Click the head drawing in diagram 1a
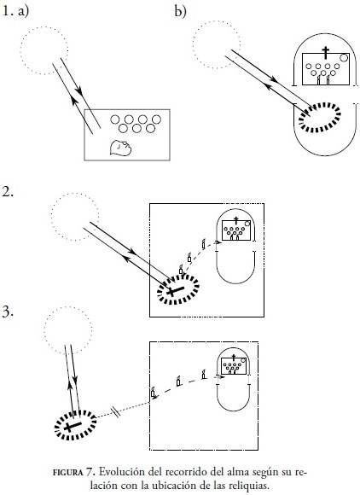coord(120,148)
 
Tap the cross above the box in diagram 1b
coord(325,52)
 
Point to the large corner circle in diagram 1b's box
coord(344,58)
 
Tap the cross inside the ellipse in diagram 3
coord(73,426)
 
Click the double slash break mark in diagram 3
coord(116,411)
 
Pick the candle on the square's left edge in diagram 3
coord(153,392)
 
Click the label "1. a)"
coord(15,12)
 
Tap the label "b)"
coord(181,12)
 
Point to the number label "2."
coord(8,192)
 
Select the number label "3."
coord(8,312)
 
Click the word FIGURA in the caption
coord(67,473)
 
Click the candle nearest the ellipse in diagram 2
coord(181,270)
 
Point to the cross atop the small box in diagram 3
coord(234,357)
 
